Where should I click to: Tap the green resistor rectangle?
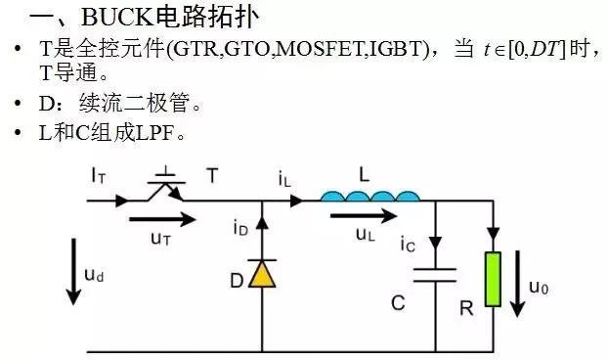coord(493,280)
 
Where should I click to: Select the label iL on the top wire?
coord(284,178)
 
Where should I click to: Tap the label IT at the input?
coord(98,176)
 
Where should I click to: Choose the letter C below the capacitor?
coord(398,303)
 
